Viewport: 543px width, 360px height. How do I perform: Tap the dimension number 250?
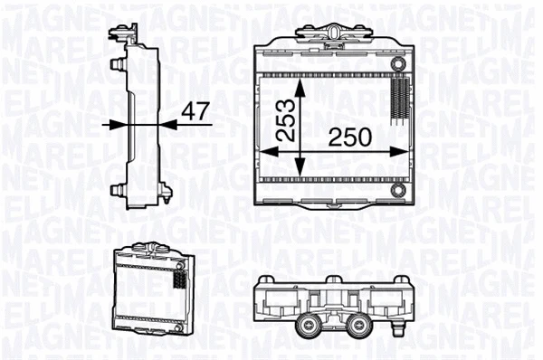click(x=348, y=137)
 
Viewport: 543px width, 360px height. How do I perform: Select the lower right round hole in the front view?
click(x=399, y=192)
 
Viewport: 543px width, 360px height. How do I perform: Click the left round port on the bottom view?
click(x=304, y=327)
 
